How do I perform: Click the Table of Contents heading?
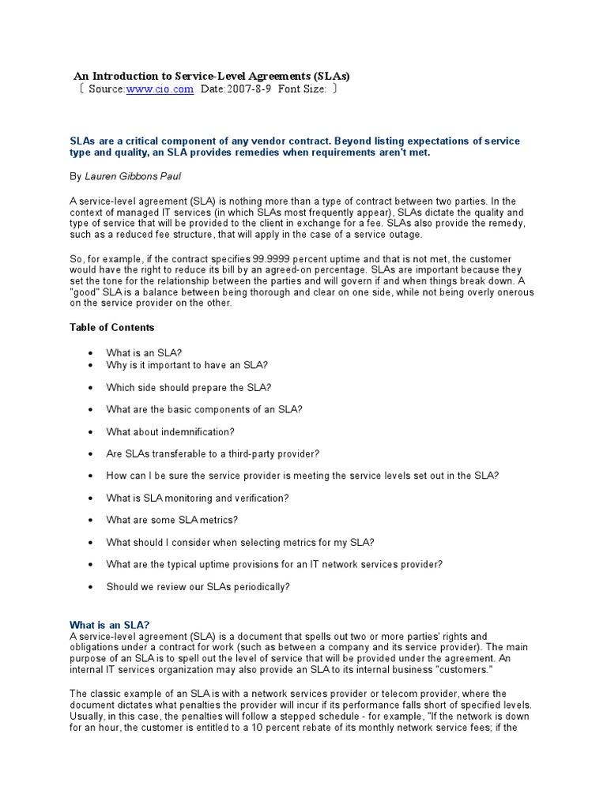[x=112, y=327]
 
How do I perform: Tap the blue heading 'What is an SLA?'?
[x=110, y=624]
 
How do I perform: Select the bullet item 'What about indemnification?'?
[x=171, y=432]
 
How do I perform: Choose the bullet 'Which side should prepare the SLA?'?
[x=189, y=387]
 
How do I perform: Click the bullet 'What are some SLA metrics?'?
[x=172, y=520]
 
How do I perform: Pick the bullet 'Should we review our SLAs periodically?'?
[x=198, y=587]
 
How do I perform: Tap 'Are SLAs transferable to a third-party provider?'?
[x=223, y=454]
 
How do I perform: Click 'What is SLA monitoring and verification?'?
[x=198, y=498]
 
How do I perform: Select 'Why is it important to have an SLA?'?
[x=187, y=365]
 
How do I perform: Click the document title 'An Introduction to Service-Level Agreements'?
[x=211, y=76]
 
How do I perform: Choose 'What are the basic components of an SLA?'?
[x=205, y=409]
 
